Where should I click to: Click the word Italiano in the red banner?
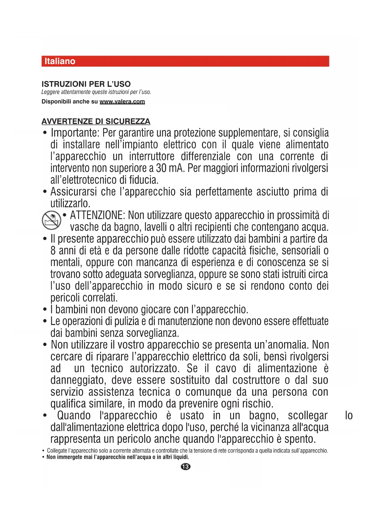60,61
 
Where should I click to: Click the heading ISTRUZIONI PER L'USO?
86,84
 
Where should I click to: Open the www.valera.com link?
122,101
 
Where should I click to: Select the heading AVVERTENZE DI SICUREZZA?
96,121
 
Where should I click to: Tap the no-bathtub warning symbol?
51,220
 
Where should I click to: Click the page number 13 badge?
185,466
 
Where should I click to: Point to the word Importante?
75,133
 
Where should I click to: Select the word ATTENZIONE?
97,215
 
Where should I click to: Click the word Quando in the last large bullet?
74,415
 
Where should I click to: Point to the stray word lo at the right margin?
349,415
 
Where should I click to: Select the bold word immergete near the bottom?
69,457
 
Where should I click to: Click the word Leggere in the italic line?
50,92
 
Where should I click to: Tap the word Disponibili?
56,101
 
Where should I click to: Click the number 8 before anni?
53,250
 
